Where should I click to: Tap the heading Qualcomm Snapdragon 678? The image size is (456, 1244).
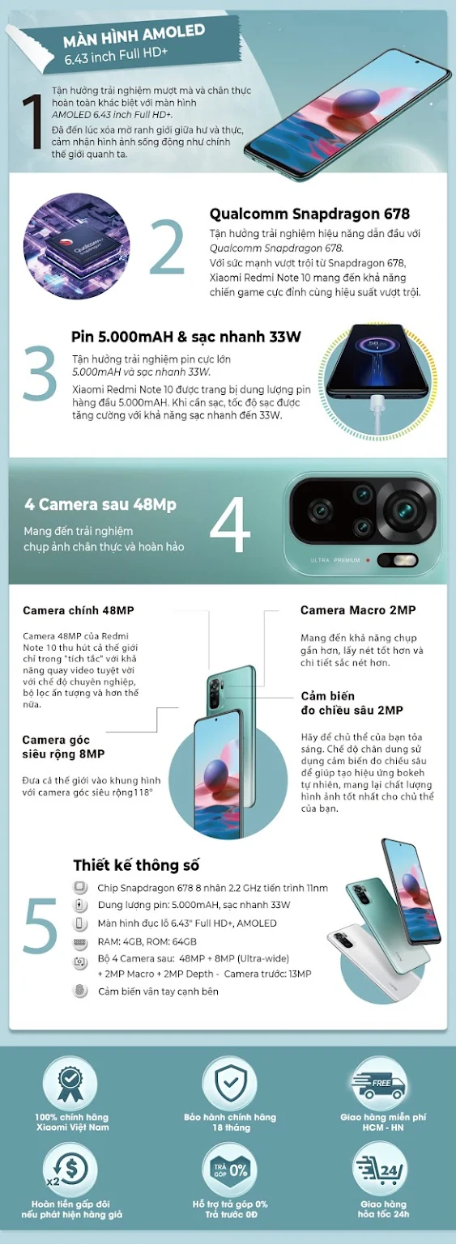[309, 214]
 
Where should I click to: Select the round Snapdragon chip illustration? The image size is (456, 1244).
[77, 246]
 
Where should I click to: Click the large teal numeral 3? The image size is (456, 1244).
[40, 372]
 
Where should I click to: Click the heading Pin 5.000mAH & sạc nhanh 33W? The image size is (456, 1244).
[186, 337]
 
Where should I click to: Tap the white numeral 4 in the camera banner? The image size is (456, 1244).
[230, 524]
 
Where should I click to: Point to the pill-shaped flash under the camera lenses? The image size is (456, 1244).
[398, 560]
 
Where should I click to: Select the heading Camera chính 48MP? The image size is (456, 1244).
[79, 610]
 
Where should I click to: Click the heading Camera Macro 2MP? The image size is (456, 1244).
[358, 610]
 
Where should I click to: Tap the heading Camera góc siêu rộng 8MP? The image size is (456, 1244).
[63, 747]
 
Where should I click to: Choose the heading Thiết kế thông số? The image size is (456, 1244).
[136, 865]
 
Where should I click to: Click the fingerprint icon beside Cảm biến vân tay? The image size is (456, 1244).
[80, 991]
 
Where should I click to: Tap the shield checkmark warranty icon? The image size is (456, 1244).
[230, 1082]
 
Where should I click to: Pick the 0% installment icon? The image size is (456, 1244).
[230, 1170]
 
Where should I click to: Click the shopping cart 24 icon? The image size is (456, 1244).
[381, 1170]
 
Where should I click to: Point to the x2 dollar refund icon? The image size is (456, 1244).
[70, 1170]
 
